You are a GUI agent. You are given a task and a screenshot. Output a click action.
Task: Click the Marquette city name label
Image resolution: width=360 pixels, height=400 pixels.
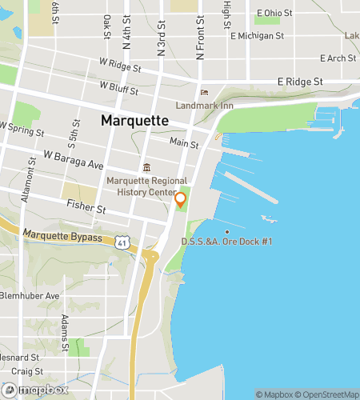point(134,120)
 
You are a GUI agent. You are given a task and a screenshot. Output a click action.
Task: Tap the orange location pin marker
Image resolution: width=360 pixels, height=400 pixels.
point(181,200)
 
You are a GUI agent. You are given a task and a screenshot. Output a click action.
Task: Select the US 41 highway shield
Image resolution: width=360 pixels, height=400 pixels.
point(121,240)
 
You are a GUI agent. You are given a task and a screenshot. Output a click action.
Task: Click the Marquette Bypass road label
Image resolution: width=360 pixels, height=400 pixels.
point(62,237)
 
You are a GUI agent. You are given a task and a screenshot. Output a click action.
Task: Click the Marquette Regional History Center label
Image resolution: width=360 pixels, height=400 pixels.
point(148,186)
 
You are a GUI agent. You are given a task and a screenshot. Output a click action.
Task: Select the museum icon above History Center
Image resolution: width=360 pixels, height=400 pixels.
point(146,168)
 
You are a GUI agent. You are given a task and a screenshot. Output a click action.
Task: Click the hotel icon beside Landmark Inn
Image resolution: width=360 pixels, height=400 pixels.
point(203,92)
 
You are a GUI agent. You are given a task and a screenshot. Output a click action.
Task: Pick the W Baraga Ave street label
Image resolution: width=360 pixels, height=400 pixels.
point(74,159)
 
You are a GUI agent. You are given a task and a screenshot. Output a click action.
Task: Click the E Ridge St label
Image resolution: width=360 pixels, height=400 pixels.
point(300,82)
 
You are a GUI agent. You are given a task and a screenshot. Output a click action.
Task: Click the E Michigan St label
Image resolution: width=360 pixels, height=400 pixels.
point(257,36)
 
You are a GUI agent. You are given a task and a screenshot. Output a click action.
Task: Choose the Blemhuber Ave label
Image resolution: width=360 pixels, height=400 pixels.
point(30,295)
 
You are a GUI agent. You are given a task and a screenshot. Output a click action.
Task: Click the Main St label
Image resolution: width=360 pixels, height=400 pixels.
point(184,142)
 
